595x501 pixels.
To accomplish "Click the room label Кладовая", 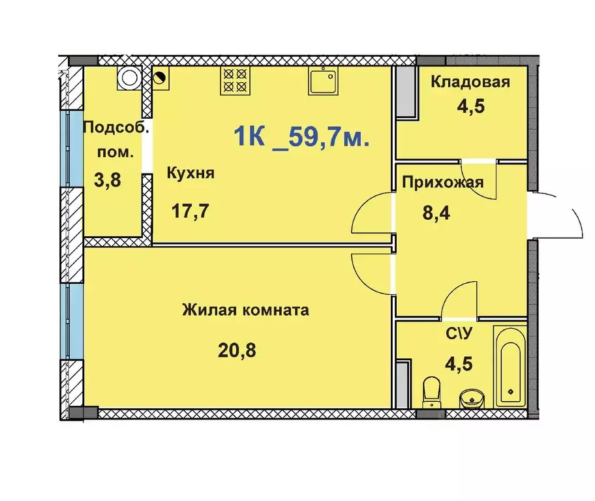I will click(470, 82).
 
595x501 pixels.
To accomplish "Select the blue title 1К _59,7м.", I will click(301, 138).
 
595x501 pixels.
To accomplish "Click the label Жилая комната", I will click(246, 310).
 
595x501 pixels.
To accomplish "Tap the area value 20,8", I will click(237, 350).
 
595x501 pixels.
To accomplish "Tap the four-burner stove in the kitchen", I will click(235, 80).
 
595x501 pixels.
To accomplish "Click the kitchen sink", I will click(323, 82).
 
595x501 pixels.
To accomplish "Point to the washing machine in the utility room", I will click(128, 78).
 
